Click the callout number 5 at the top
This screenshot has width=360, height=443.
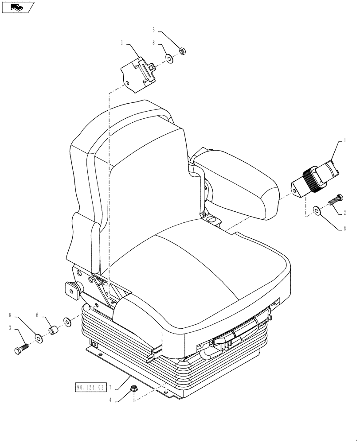tap(154, 30)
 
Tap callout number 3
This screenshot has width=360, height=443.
tap(9, 327)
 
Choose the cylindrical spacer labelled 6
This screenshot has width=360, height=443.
tap(54, 330)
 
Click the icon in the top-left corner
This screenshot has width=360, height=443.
tap(18, 7)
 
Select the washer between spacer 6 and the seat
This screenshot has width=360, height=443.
tap(67, 321)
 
